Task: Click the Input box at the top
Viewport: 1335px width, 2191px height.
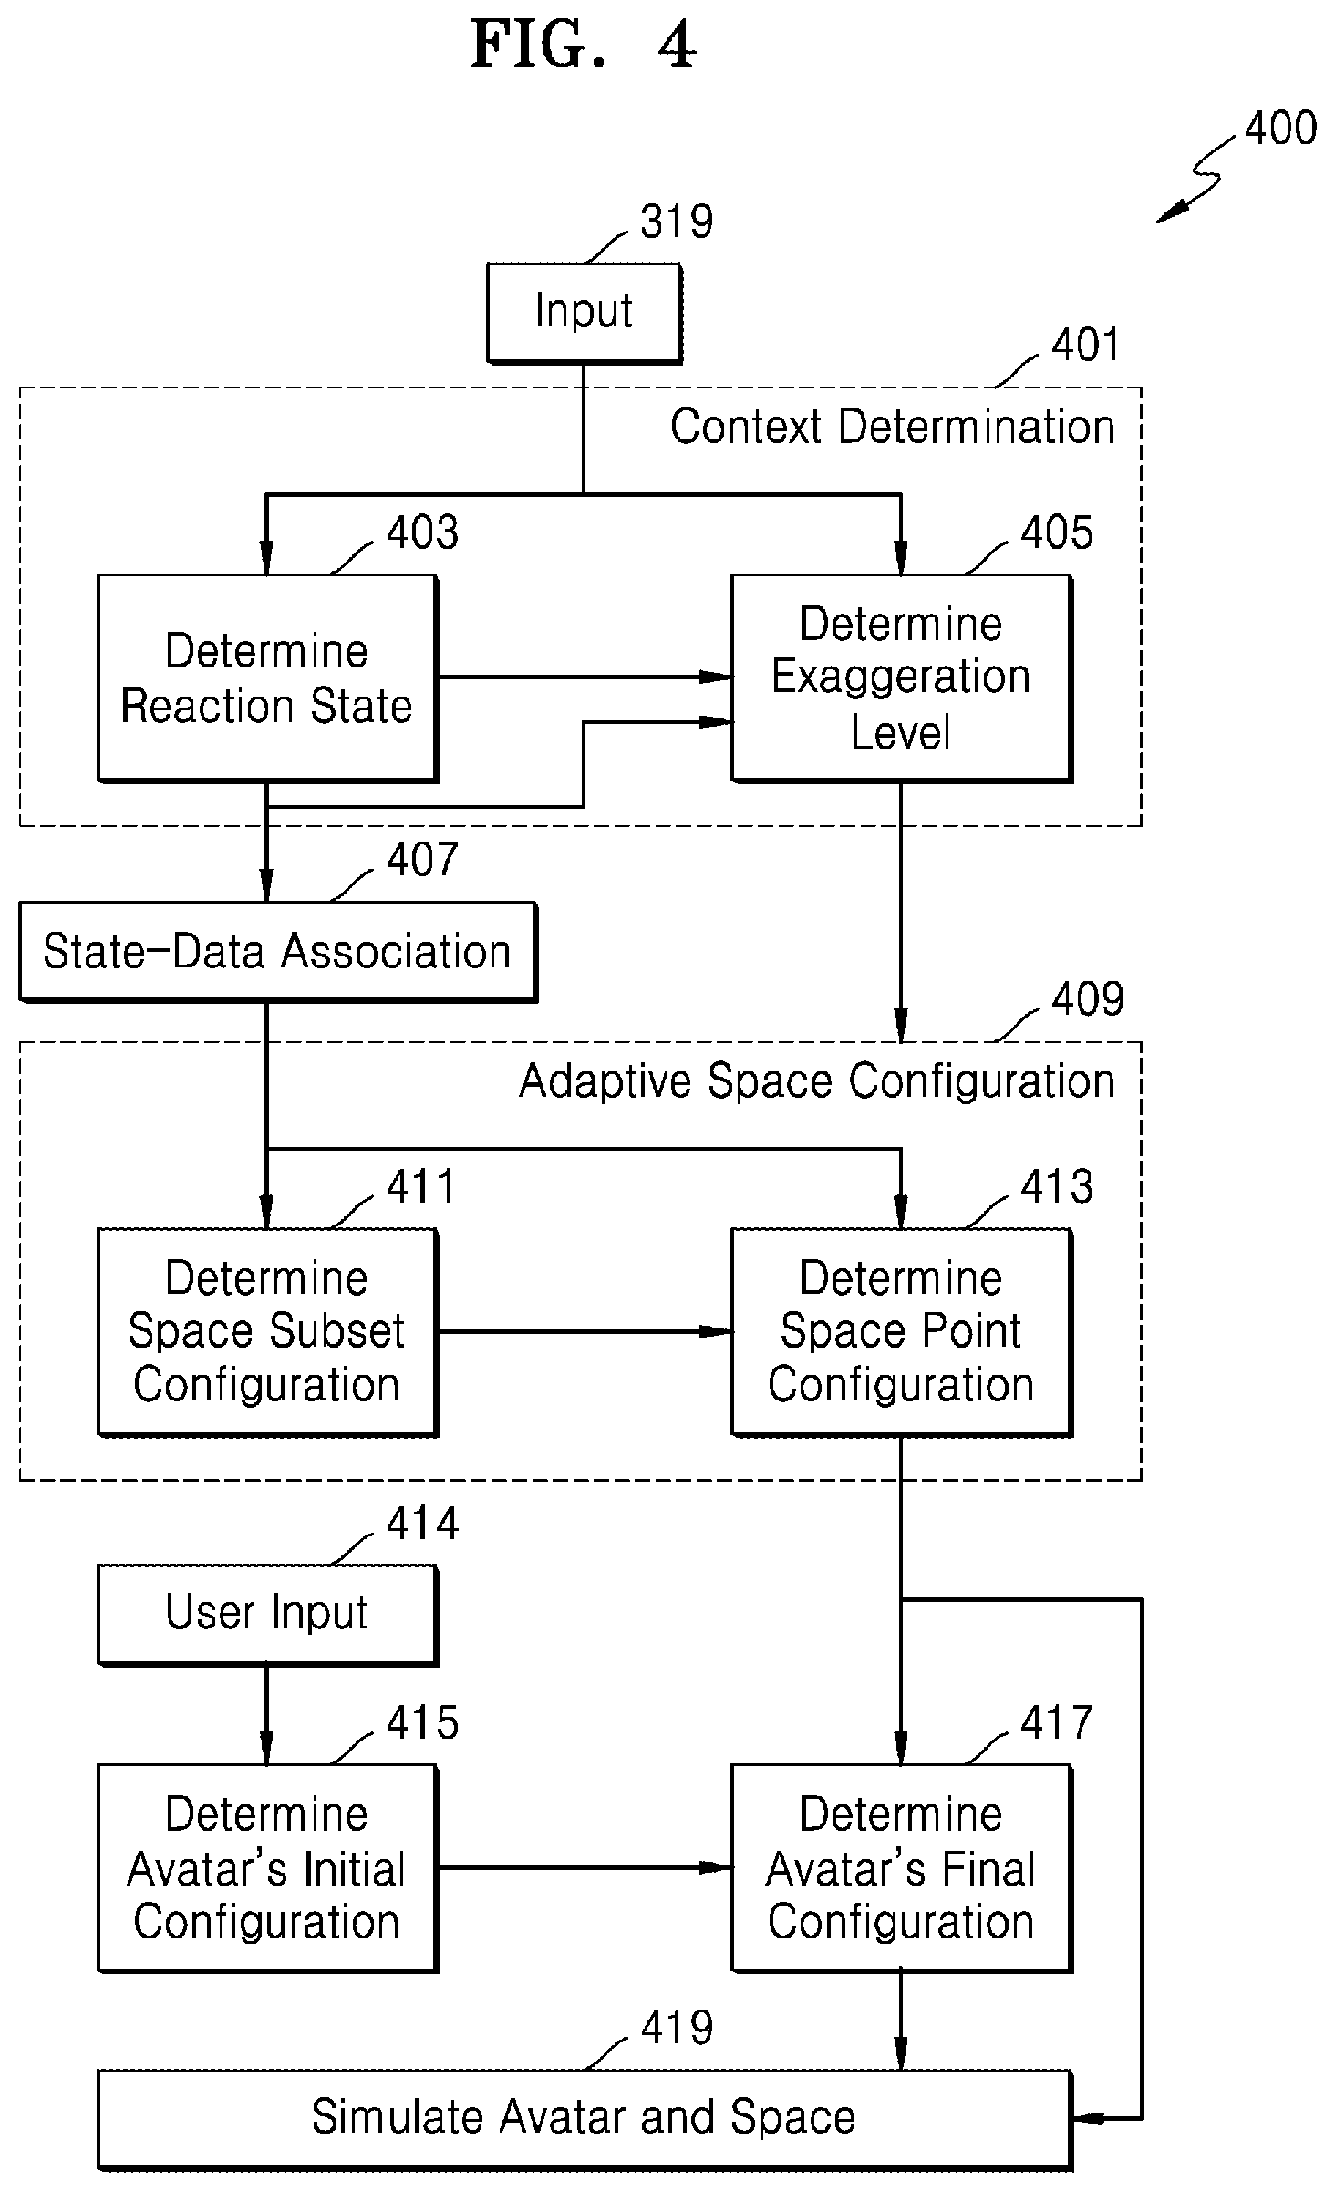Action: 584,313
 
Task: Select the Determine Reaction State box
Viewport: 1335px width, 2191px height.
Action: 267,677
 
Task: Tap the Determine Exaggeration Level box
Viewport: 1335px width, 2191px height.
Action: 901,677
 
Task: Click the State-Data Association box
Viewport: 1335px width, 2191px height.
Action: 277,952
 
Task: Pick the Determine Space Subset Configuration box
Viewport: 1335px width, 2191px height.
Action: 267,1332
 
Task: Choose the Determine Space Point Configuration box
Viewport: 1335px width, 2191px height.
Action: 901,1332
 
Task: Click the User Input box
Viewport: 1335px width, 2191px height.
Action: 267,1614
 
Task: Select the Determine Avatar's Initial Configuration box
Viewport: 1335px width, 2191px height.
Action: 267,1868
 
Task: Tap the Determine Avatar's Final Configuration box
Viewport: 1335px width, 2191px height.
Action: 901,1868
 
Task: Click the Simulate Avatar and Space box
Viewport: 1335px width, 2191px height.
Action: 585,2119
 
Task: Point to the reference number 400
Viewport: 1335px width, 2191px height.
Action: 1280,128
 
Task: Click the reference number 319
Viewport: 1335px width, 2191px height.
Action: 677,222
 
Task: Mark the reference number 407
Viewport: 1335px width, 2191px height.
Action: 422,860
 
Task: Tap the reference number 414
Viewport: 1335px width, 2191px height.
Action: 422,1524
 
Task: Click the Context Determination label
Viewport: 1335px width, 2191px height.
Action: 893,427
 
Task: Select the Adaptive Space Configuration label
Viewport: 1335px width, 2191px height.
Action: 817,1081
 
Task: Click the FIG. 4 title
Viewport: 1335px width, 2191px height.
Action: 584,45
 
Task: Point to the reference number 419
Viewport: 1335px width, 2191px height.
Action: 677,2028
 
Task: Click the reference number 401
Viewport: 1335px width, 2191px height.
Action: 1085,345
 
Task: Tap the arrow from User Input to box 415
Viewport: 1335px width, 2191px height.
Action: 267,1714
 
